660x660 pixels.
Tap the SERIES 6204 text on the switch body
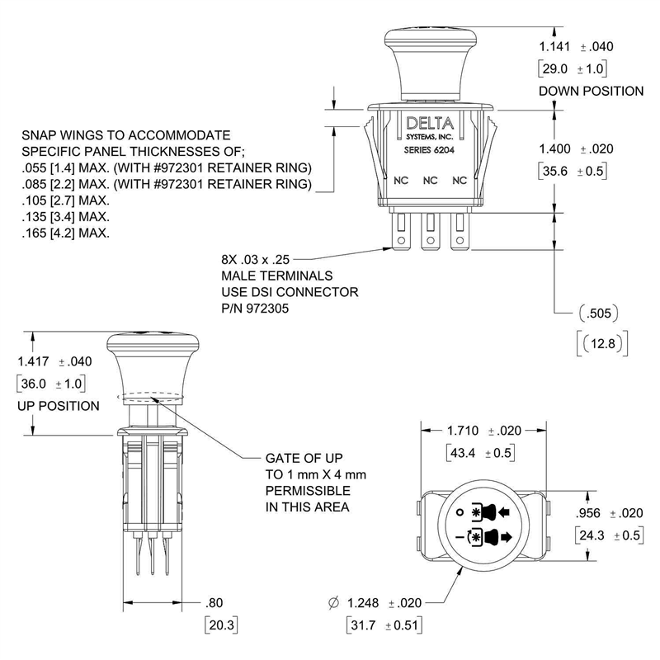pos(428,151)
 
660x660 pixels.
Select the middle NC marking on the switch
pos(429,179)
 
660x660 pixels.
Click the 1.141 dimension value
pos(554,46)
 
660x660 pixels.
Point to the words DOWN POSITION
pos(590,91)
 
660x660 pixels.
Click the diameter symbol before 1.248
pos(333,603)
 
